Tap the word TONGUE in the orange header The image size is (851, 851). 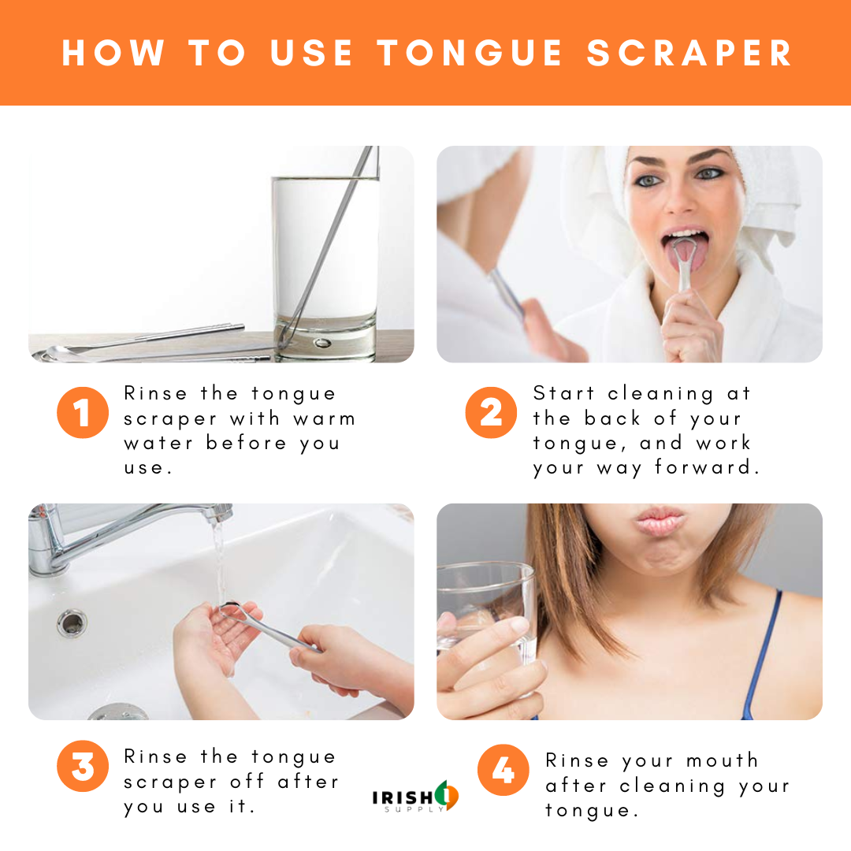tap(470, 53)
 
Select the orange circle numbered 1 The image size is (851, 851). tap(82, 412)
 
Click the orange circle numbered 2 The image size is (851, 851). tap(490, 412)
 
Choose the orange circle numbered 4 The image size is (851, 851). tap(503, 770)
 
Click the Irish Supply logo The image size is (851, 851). tap(415, 797)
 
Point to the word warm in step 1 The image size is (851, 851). tap(324, 418)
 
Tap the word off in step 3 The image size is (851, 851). tap(247, 782)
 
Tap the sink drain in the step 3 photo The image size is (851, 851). tap(72, 622)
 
